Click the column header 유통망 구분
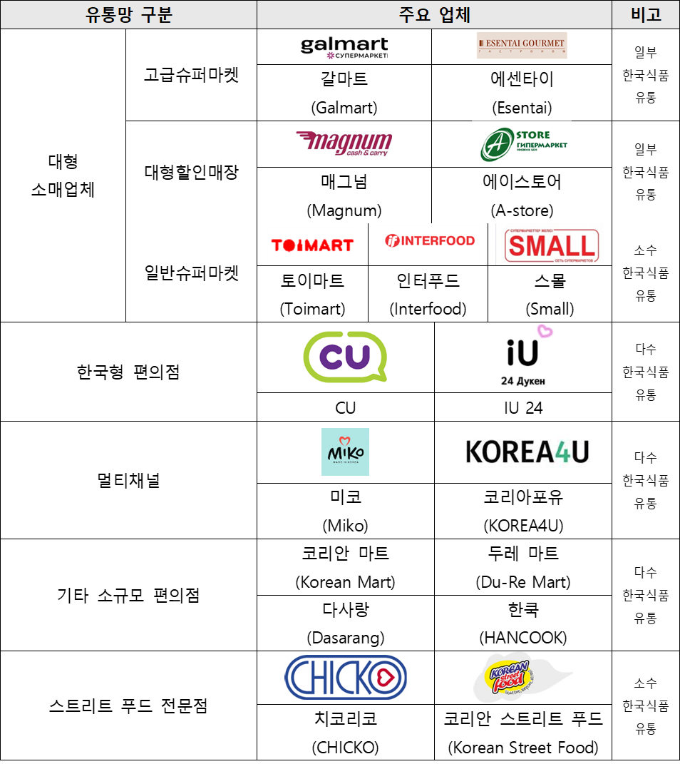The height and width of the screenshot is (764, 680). [x=128, y=15]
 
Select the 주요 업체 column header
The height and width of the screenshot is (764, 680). [x=434, y=15]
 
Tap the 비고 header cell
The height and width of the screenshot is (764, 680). [x=645, y=15]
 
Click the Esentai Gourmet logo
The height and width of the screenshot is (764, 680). [x=522, y=46]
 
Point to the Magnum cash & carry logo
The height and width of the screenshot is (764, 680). [x=344, y=143]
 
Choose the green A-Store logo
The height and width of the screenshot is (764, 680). [x=522, y=143]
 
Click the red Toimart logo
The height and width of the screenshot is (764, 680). [x=312, y=245]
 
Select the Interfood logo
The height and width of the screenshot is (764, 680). [x=428, y=244]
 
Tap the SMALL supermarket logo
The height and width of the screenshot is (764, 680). [x=550, y=245]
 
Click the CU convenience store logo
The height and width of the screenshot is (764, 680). [x=345, y=357]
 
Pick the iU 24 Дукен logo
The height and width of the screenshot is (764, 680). [x=523, y=357]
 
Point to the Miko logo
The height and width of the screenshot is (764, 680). [x=346, y=452]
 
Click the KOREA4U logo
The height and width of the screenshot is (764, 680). [x=522, y=452]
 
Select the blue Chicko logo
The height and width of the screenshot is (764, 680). [x=346, y=677]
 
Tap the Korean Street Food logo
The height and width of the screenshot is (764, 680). [x=523, y=677]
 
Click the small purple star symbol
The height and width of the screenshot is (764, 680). [x=331, y=55]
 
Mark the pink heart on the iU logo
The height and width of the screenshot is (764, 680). [x=545, y=331]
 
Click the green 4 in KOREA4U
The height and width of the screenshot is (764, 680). [x=561, y=452]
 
